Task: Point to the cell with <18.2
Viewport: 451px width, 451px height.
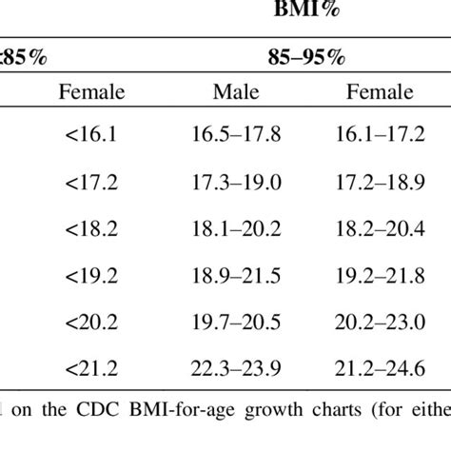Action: point(91,229)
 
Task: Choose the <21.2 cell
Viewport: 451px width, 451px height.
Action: point(91,366)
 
